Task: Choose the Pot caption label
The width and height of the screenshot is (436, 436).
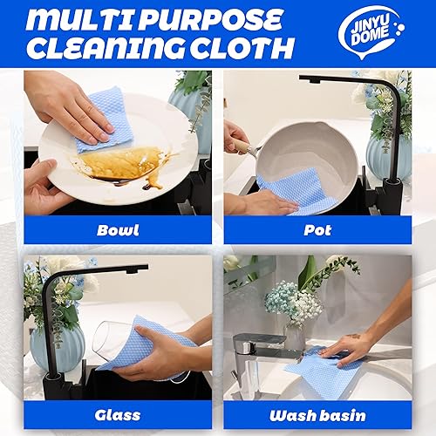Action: [317, 230]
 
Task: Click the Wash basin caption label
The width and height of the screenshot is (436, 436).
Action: [317, 414]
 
